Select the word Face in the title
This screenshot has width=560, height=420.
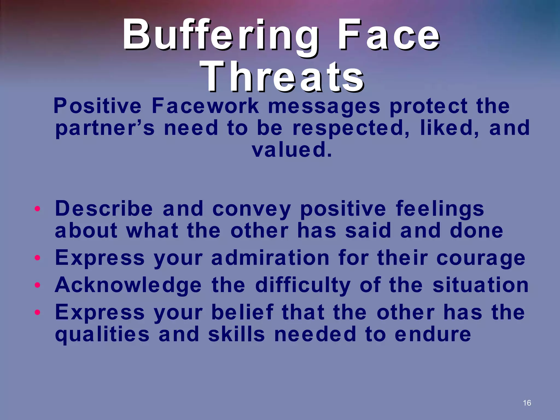coord(388,36)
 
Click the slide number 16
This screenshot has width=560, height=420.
coord(527,403)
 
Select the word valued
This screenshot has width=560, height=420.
coord(291,150)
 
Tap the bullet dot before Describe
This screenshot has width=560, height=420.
coord(38,209)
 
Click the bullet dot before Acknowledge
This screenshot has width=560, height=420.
coord(38,285)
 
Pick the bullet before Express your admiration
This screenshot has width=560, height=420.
coord(38,258)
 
